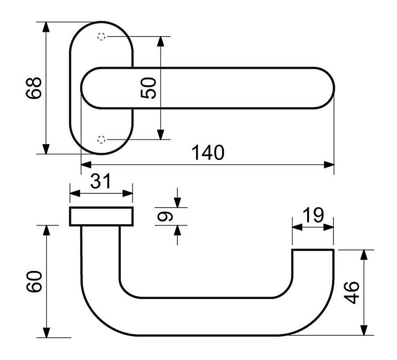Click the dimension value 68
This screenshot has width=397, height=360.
click(x=33, y=88)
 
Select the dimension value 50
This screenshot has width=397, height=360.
click(x=148, y=88)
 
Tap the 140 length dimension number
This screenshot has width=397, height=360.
click(x=208, y=152)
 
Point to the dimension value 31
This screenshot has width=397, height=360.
click(x=100, y=181)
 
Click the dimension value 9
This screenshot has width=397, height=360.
click(x=165, y=216)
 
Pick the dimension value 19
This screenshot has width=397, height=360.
click(x=313, y=215)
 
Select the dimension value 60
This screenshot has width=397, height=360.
click(x=34, y=282)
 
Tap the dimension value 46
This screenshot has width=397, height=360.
click(x=352, y=292)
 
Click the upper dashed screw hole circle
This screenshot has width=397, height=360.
click(x=101, y=36)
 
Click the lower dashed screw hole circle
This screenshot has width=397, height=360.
click(x=101, y=139)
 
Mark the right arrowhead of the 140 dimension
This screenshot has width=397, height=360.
click(x=329, y=165)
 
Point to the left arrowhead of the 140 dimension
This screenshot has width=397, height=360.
click(x=86, y=165)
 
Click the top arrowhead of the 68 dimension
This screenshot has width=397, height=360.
click(x=46, y=27)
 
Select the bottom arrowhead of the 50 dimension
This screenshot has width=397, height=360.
click(x=161, y=134)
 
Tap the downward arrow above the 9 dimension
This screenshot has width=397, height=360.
click(x=178, y=198)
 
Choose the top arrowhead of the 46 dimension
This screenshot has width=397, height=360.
click(x=364, y=255)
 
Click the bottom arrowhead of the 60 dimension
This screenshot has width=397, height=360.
click(x=46, y=333)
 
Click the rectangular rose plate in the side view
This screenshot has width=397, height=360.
click(x=101, y=216)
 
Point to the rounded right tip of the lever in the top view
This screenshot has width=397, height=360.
click(x=334, y=88)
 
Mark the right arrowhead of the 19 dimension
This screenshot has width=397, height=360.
click(x=329, y=227)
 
